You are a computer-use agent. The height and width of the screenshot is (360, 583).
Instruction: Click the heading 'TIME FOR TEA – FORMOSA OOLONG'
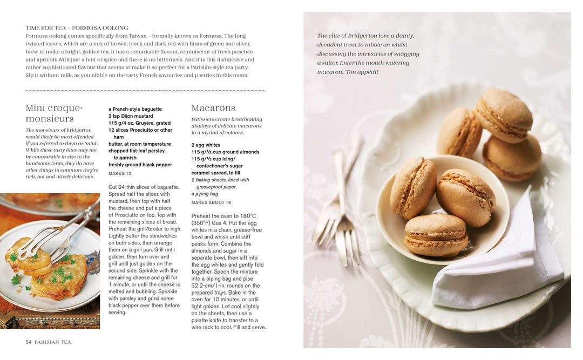tap(77, 28)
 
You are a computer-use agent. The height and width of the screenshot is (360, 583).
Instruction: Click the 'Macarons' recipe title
tap(213, 108)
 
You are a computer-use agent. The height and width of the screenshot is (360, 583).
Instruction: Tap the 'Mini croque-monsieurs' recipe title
tap(54, 113)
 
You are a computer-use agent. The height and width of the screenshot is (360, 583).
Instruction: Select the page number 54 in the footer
tap(29, 342)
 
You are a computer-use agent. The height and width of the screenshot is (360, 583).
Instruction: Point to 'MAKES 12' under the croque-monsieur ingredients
tap(120, 174)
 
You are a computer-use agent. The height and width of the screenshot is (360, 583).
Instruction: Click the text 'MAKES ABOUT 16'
tap(211, 202)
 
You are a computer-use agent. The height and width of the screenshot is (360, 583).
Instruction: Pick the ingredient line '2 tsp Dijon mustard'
tap(131, 116)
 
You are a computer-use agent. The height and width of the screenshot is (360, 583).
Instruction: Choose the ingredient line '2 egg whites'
tap(206, 145)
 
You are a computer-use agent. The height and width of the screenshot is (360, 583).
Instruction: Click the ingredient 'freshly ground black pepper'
tap(140, 165)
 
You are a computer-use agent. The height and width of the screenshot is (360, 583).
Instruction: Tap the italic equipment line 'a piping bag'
tap(205, 194)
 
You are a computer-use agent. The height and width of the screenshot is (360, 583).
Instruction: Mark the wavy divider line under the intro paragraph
tap(146, 91)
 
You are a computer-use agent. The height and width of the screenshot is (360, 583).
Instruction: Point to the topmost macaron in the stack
tap(504, 114)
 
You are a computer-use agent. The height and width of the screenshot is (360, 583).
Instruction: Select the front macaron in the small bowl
tap(436, 235)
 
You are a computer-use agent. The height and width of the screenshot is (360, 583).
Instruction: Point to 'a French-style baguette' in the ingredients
tap(135, 109)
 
